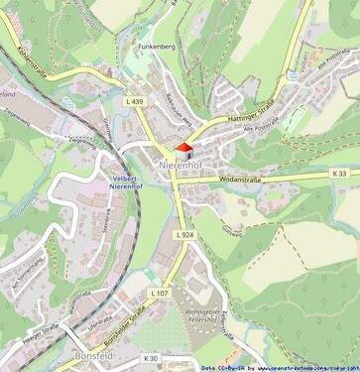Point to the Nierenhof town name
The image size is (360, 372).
pyautogui.click(x=180, y=164)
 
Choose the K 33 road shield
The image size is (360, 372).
pyautogui.click(x=339, y=174)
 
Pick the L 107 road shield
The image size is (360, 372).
pyautogui.click(x=160, y=294)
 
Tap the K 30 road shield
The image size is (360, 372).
pyautogui.click(x=150, y=358)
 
